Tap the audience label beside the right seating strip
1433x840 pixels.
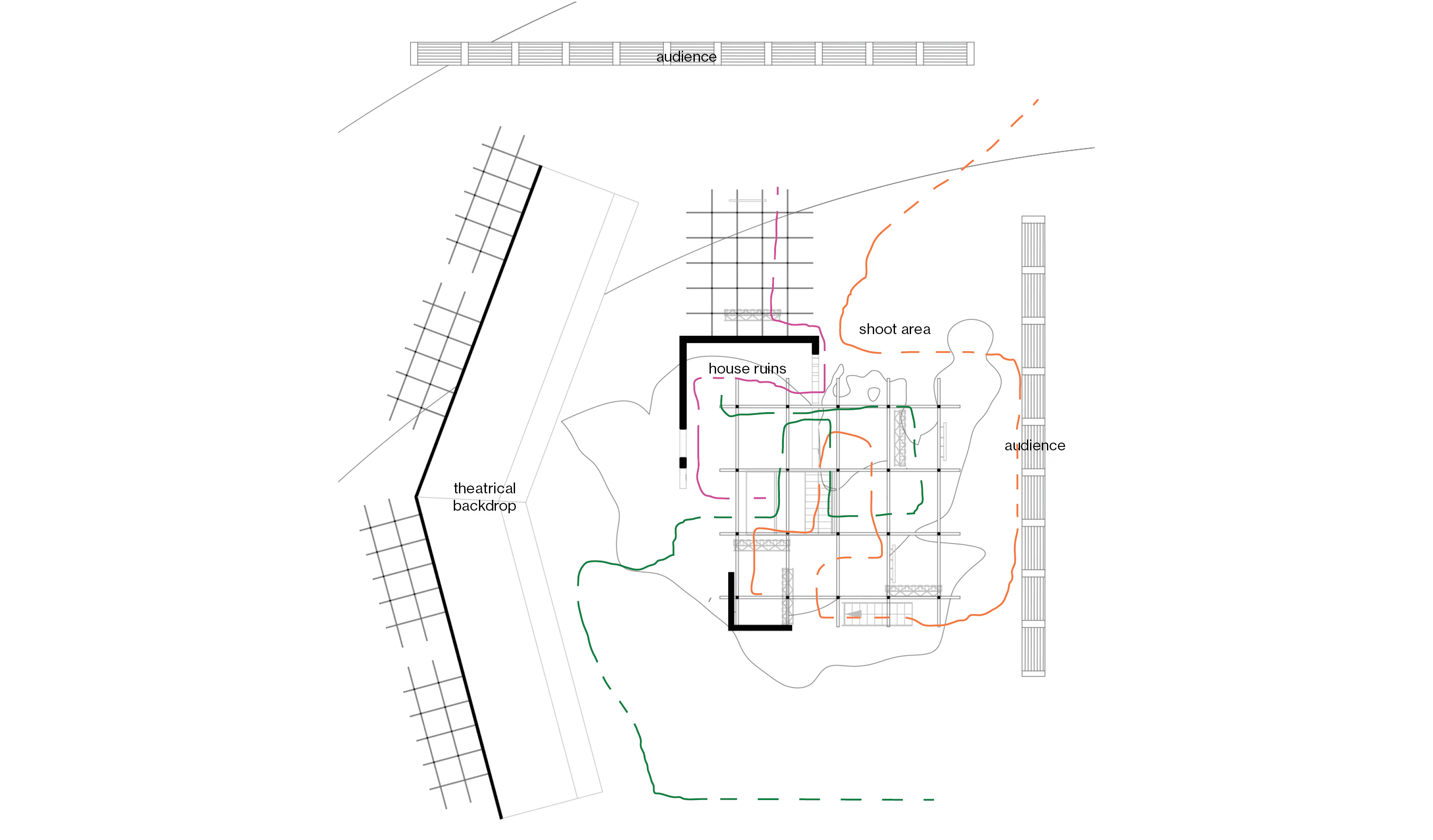[1034, 446]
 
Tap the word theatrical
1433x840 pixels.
[485, 488]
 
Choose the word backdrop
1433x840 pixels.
[485, 506]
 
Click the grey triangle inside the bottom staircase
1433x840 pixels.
[854, 614]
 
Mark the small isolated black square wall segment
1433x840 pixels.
[683, 463]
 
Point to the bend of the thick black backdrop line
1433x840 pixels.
[417, 497]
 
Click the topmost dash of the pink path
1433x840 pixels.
[777, 190]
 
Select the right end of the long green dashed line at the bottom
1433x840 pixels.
[928, 800]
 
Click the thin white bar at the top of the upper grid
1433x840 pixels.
[747, 200]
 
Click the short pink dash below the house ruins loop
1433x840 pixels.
[760, 498]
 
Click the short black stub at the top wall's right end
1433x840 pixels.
[815, 347]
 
